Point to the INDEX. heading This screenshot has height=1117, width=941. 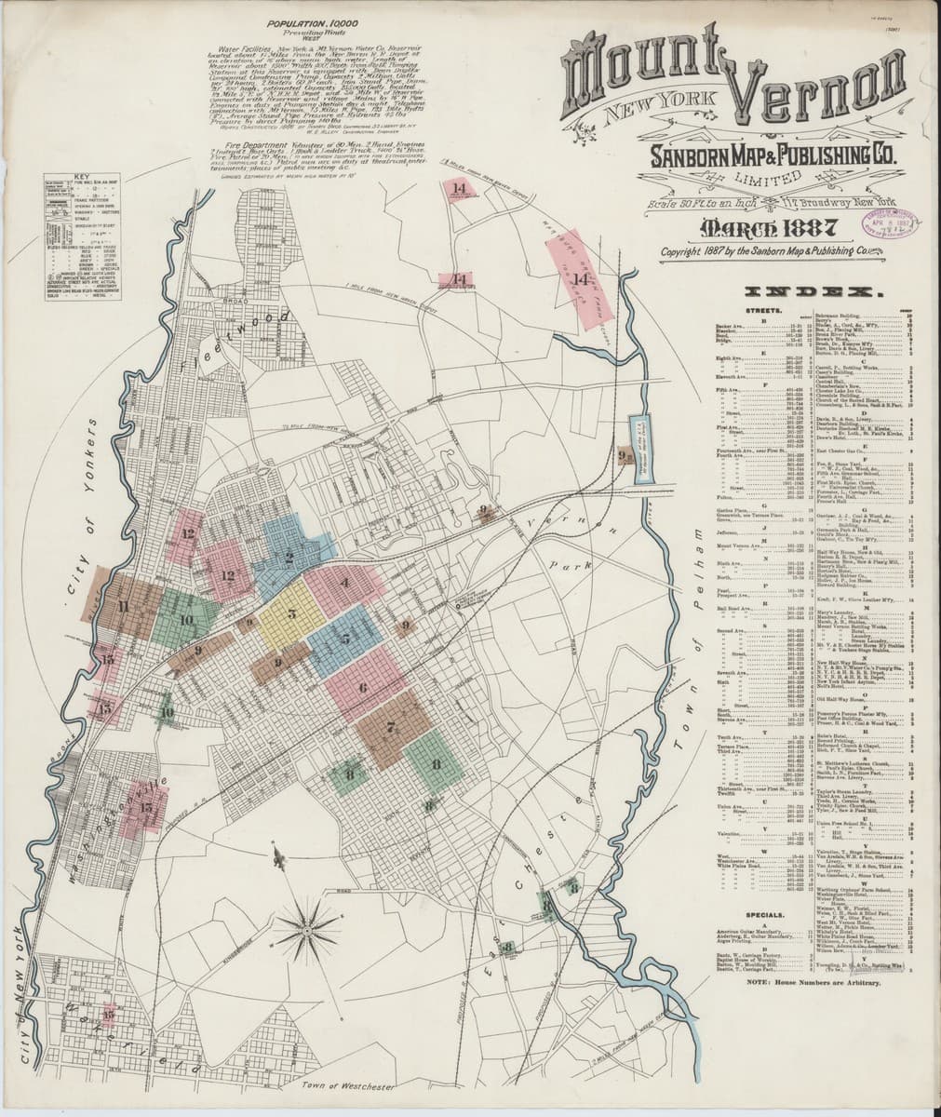tap(813, 291)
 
